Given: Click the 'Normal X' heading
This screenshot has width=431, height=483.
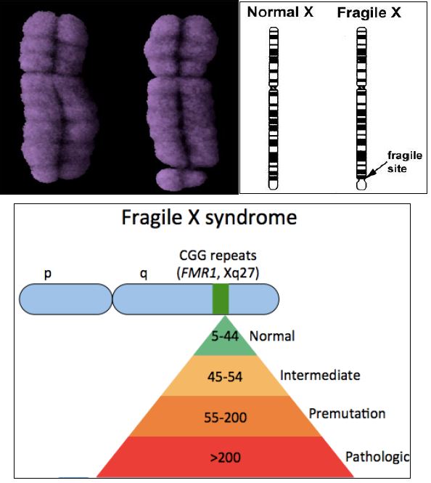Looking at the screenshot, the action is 280,12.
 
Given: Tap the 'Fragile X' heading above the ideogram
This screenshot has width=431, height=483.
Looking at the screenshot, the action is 369,13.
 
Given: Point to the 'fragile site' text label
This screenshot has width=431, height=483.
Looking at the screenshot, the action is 405,162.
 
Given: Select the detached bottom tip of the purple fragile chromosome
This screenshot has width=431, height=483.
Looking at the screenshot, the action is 181,179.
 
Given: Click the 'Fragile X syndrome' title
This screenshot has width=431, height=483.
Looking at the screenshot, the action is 209,217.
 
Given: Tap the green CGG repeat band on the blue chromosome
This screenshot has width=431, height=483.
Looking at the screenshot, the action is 221,299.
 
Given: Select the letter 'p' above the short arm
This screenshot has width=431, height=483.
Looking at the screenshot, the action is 47,274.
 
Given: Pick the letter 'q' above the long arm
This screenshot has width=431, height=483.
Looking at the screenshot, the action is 144,274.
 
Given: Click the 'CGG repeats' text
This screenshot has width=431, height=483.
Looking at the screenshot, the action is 218,256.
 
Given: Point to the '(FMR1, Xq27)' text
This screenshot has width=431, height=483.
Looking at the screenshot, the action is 218,272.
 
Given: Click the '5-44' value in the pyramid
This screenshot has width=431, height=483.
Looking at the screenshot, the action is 225,336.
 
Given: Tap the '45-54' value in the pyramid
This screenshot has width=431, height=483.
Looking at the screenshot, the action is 225,377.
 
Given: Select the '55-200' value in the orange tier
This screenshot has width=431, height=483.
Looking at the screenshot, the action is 225,418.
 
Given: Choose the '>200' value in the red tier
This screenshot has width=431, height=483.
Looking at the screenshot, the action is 225,458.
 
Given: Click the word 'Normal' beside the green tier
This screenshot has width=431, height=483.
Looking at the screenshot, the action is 272,336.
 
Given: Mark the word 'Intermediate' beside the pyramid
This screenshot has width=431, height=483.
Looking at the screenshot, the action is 320,376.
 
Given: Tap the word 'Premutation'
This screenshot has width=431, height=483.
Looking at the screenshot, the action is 347,414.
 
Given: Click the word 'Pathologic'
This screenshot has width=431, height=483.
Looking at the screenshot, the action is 377,457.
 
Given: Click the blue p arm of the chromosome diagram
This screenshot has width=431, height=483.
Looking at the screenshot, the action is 66,299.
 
